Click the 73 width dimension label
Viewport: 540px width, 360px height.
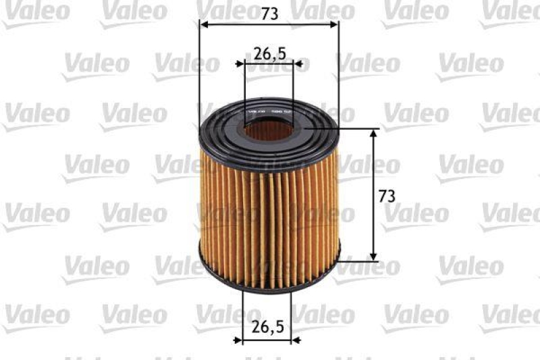coord(269,12)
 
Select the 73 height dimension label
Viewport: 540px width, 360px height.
coord(386,197)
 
